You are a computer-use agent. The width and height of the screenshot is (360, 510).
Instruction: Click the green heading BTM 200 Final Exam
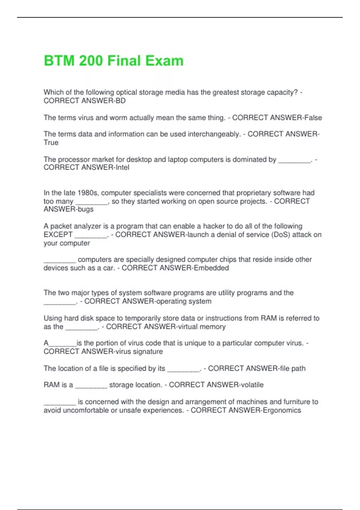click(x=113, y=61)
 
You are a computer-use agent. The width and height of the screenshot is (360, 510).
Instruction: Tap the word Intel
click(x=122, y=167)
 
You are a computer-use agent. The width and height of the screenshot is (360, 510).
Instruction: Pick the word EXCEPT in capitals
click(x=58, y=235)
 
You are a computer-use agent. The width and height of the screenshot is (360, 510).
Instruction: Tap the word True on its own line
click(x=51, y=142)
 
